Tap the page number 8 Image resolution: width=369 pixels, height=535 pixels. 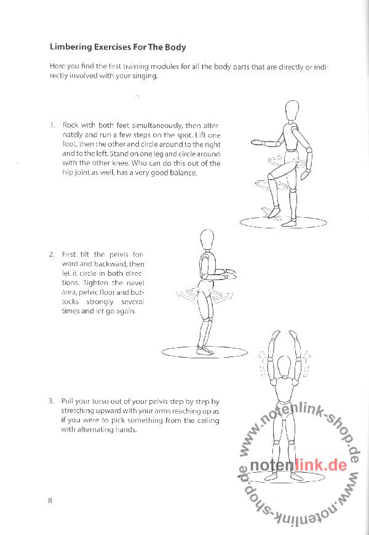click(x=50, y=501)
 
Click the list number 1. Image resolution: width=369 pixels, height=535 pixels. click(x=52, y=125)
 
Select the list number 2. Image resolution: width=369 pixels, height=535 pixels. click(x=52, y=254)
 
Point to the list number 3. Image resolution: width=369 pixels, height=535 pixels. click(x=51, y=401)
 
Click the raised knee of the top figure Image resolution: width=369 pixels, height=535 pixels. click(x=271, y=177)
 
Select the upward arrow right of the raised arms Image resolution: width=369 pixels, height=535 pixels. click(x=307, y=363)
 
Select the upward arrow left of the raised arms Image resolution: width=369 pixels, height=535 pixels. click(x=261, y=363)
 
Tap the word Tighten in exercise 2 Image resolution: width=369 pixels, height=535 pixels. click(x=96, y=283)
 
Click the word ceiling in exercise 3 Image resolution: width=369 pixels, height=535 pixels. click(x=208, y=420)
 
